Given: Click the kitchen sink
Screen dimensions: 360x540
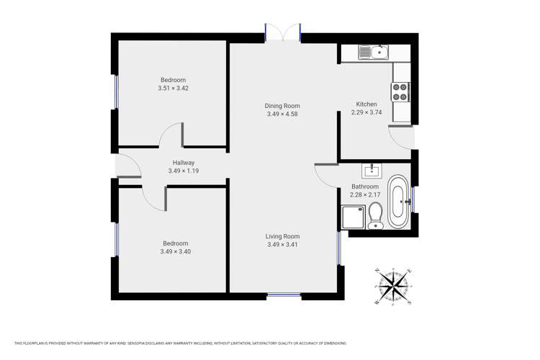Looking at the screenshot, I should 373,52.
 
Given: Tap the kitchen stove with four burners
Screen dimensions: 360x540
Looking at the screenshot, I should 400,91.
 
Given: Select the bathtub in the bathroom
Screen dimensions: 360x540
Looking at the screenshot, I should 397,202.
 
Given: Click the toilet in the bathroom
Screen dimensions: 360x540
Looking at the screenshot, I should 375,215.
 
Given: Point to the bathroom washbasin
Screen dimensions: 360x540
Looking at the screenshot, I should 372,171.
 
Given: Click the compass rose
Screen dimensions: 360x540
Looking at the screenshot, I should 393,286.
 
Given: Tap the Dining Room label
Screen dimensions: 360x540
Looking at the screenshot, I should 282,106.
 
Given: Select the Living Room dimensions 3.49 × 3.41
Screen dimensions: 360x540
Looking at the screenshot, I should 282,245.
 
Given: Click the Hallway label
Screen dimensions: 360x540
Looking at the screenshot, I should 183,163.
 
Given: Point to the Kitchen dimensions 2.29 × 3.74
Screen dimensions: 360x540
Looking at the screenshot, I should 366,112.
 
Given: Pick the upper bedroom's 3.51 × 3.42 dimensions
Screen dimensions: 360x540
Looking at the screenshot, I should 173,88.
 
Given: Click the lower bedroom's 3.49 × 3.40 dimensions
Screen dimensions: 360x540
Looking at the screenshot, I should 175,251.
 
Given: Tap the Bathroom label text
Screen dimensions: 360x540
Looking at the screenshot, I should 365,186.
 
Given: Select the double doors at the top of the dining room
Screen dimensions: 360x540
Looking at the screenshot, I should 282,33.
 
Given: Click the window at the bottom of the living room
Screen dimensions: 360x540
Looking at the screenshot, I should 284,294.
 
